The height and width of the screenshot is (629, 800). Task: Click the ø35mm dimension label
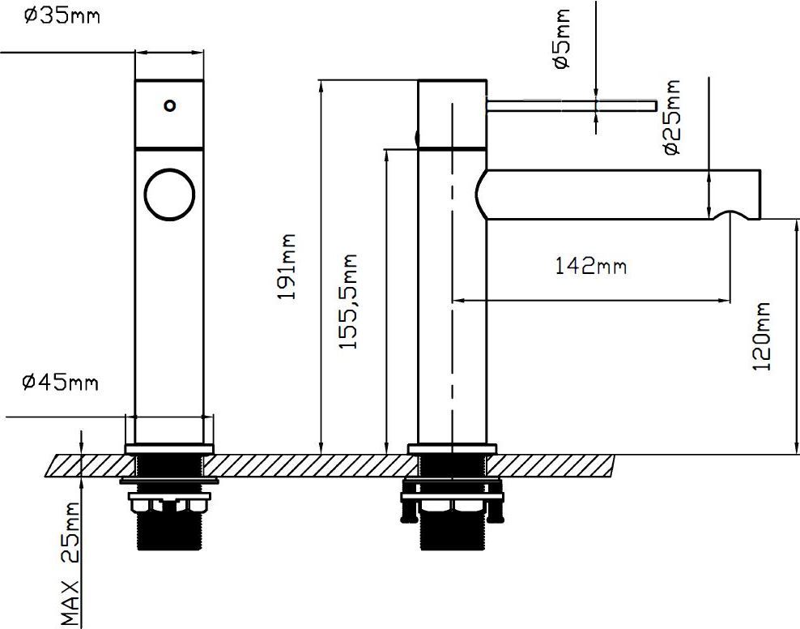(x=62, y=15)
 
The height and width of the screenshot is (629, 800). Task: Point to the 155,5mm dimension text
(x=348, y=302)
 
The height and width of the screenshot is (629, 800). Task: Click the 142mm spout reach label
(x=590, y=265)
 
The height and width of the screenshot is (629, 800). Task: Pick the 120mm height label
(x=762, y=336)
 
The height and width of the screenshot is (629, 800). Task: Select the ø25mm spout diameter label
(x=670, y=118)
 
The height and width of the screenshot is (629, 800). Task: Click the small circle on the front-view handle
(x=169, y=105)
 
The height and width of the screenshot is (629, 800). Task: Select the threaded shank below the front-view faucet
(x=169, y=531)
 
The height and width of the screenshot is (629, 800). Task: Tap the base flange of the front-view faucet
(x=169, y=448)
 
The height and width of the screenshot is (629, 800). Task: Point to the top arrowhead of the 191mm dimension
(x=321, y=83)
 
